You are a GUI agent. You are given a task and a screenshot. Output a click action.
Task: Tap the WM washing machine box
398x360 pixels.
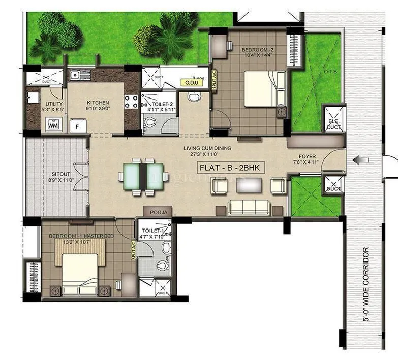point(53,124)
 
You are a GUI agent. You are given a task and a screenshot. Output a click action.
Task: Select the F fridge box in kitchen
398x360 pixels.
point(78,125)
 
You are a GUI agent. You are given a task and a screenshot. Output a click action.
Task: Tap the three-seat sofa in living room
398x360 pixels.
point(249,207)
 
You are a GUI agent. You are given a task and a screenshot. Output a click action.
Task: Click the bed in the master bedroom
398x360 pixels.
point(79,268)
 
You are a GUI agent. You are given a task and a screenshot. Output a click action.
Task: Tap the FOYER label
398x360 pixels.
point(307,157)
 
